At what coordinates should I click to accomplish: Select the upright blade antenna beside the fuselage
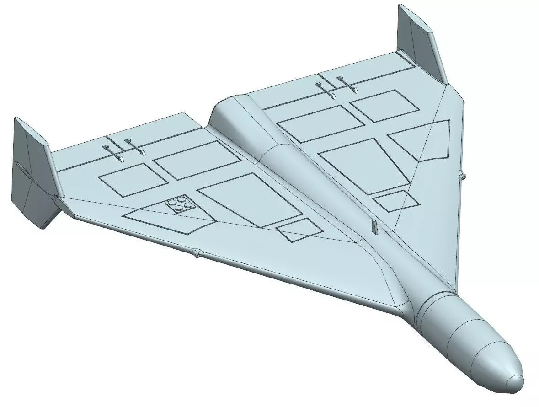pos(374,226)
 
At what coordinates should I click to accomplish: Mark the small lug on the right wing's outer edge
pos(462,175)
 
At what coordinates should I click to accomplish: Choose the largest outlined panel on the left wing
pos(250,199)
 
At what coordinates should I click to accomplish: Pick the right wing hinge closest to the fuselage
pos(326,90)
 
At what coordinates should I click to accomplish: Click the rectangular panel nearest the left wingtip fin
pos(126,179)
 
